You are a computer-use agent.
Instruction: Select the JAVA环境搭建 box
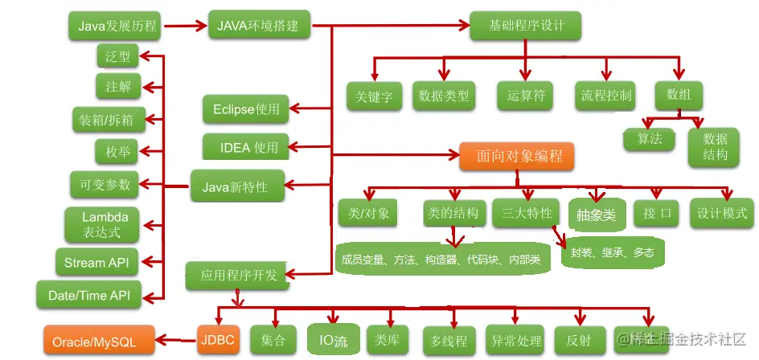click(x=257, y=26)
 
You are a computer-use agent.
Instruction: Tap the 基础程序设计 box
click(x=527, y=27)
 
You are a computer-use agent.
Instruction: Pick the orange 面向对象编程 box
click(x=516, y=155)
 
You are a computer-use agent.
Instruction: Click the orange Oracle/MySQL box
click(x=94, y=342)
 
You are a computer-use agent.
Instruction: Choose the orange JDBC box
click(x=218, y=341)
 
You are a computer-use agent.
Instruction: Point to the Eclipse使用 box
click(x=245, y=109)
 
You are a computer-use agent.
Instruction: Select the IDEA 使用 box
click(x=248, y=148)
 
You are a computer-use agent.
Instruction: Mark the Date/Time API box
click(x=89, y=295)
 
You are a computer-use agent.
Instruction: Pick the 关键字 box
click(x=374, y=96)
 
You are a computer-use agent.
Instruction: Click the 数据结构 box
click(x=714, y=146)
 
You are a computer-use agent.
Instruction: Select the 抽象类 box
click(x=596, y=215)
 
